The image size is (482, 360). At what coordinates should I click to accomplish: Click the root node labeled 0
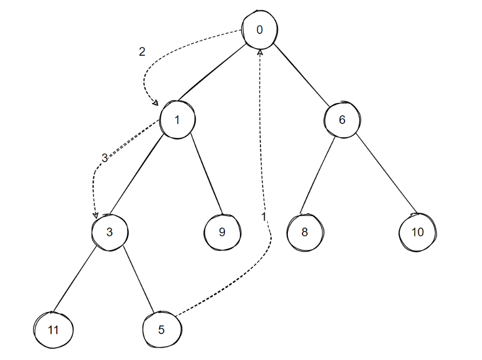[x=260, y=30]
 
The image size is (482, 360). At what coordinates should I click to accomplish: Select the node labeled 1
[x=177, y=120]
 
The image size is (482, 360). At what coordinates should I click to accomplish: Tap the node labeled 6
[x=342, y=120]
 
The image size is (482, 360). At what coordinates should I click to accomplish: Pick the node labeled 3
[x=109, y=232]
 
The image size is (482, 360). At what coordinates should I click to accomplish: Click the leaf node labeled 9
[x=222, y=232]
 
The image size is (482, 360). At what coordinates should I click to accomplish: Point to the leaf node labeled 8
[x=305, y=233]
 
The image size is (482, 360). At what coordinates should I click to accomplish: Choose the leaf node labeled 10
[x=417, y=232]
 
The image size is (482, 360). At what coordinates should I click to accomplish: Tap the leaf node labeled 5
[x=162, y=329]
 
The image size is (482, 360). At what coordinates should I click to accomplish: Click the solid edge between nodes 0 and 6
[x=301, y=74]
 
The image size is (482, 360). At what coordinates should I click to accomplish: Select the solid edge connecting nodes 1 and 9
[x=205, y=172]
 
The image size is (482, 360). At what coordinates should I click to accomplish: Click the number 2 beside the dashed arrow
[x=142, y=52]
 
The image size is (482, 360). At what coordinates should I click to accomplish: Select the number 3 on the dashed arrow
[x=105, y=158]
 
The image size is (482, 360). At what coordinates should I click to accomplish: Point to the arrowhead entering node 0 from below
[x=260, y=52]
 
